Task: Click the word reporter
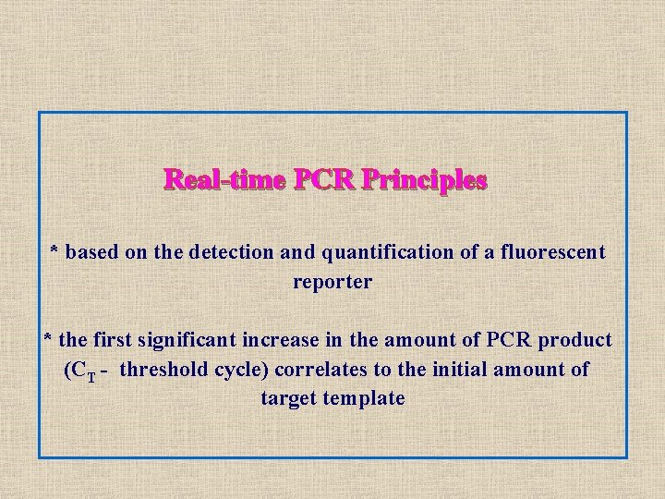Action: point(332,282)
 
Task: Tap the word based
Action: point(92,251)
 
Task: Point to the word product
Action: point(577,340)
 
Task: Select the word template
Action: point(368,399)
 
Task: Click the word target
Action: point(288,399)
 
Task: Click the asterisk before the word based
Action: point(54,250)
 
